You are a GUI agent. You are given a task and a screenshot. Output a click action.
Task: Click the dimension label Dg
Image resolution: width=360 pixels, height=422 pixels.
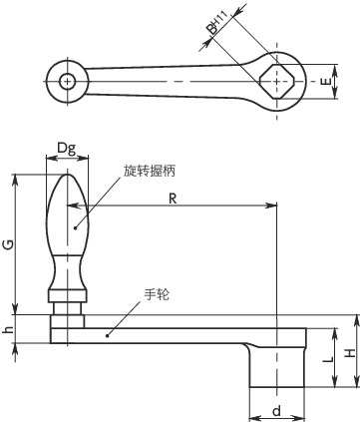click(66, 148)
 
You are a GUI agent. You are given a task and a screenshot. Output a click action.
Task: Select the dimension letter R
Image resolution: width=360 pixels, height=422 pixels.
click(173, 199)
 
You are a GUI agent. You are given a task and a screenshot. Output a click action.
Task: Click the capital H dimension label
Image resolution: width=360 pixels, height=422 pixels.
click(350, 353)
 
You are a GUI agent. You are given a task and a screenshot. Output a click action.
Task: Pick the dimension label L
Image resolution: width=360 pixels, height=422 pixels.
click(328, 359)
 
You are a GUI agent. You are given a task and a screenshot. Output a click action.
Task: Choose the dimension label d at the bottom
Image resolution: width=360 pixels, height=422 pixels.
click(276, 411)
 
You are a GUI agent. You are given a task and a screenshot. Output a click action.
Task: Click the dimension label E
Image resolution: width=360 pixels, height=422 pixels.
click(326, 81)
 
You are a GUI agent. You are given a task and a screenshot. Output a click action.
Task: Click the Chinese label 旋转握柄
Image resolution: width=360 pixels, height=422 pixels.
click(150, 171)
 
